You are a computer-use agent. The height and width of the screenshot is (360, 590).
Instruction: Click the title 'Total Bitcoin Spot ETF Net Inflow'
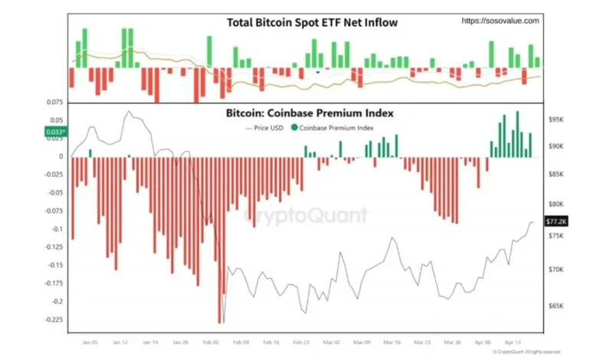click(x=312, y=22)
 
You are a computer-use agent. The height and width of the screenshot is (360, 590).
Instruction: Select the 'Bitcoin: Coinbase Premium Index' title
click(x=309, y=113)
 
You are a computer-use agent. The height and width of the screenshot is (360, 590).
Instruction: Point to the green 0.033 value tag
click(x=55, y=132)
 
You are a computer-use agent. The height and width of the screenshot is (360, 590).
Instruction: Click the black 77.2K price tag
click(x=556, y=221)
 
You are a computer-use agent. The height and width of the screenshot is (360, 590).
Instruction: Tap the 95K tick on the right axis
click(x=556, y=120)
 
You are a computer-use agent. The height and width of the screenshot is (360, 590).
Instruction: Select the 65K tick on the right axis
click(x=556, y=306)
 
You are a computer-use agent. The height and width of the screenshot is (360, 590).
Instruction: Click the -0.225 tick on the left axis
click(x=51, y=319)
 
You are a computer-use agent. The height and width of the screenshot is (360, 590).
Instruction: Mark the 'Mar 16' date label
click(x=391, y=344)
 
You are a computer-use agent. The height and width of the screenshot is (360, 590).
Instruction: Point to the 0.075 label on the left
click(x=54, y=101)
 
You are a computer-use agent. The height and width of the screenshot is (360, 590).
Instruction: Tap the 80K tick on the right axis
click(x=556, y=205)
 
